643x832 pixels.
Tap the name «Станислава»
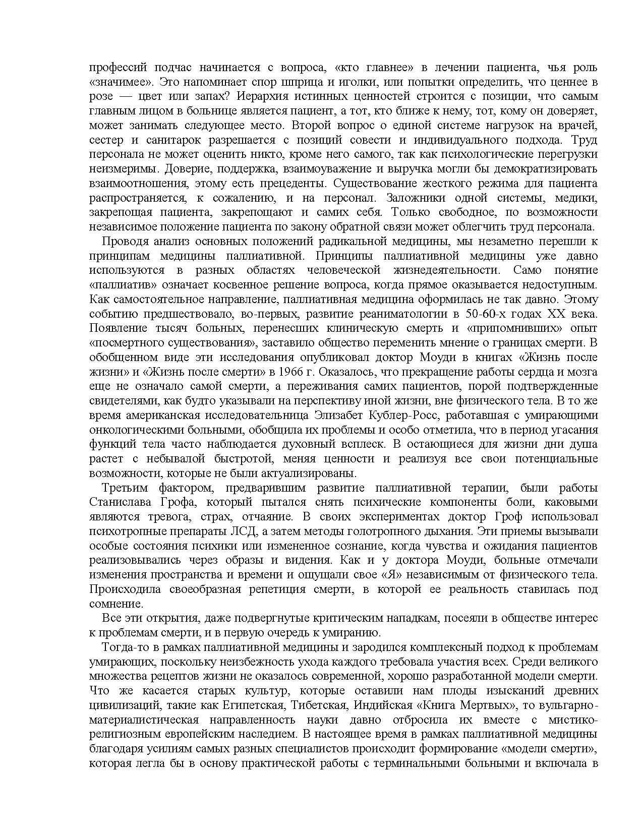(119, 502)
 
